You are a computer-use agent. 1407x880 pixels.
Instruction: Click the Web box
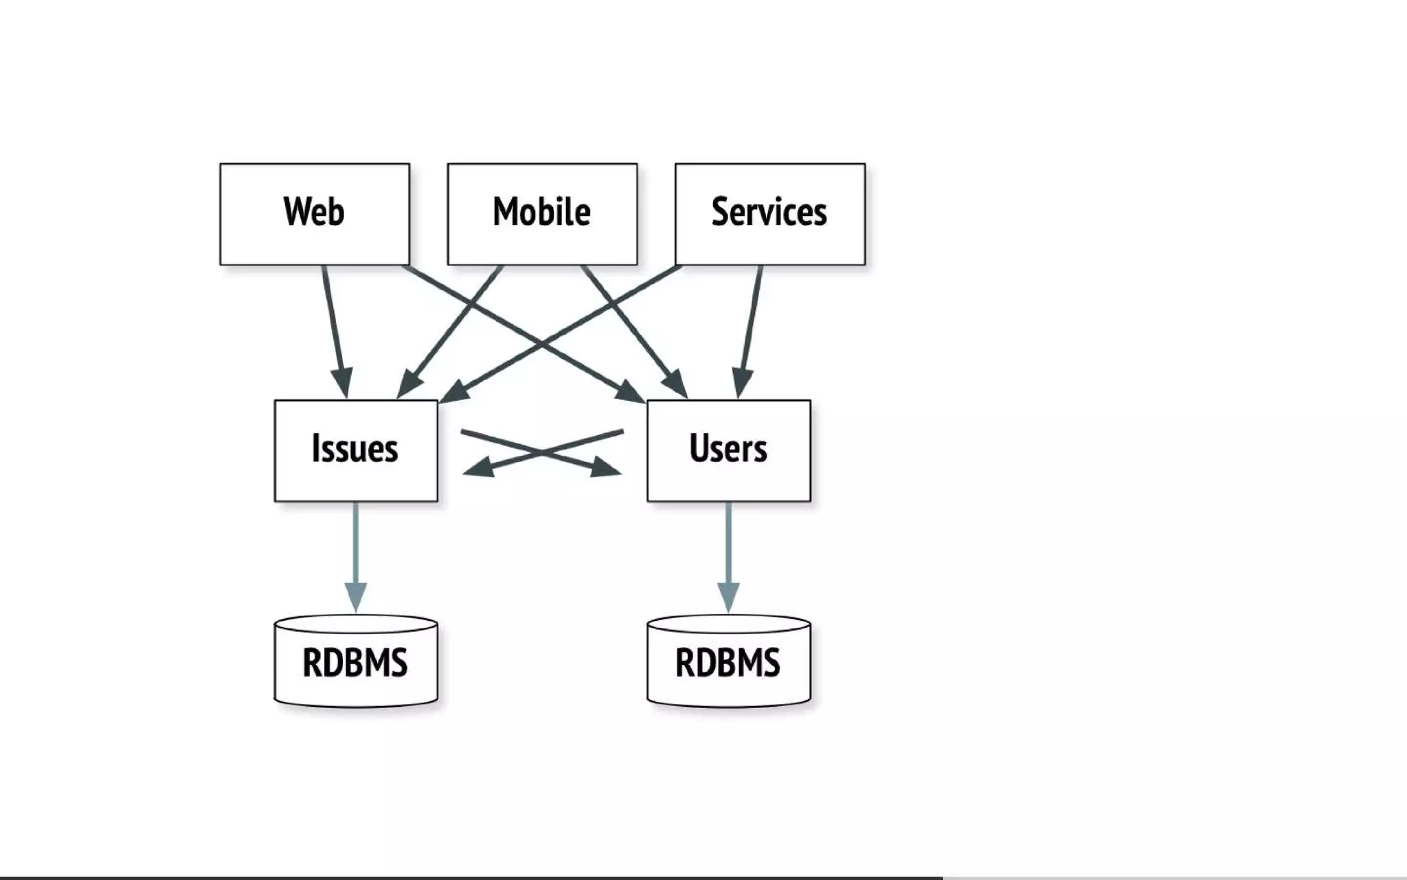pyautogui.click(x=314, y=214)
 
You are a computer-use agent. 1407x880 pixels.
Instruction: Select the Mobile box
pyautogui.click(x=542, y=214)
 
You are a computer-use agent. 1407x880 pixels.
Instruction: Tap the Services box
pyautogui.click(x=769, y=214)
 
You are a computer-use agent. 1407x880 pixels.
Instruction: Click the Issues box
pyautogui.click(x=355, y=450)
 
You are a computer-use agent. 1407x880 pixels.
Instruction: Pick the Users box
pyautogui.click(x=728, y=450)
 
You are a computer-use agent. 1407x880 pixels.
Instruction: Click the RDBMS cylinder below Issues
pyautogui.click(x=355, y=662)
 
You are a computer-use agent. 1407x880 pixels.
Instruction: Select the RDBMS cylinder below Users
pyautogui.click(x=728, y=662)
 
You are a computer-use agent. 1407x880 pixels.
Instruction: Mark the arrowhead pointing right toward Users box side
pyautogui.click(x=607, y=467)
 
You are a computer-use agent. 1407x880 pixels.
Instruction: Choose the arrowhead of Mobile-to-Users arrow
pyautogui.click(x=676, y=384)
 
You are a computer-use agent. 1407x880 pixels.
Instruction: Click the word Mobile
pyautogui.click(x=542, y=211)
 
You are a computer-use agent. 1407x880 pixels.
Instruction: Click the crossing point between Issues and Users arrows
pyautogui.click(x=542, y=452)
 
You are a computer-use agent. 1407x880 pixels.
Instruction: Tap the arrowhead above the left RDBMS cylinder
pyautogui.click(x=355, y=596)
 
